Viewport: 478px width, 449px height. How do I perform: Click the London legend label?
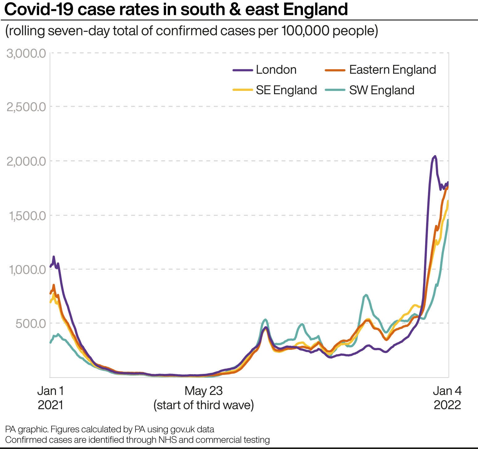click(x=276, y=70)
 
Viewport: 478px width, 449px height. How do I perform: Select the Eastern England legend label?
click(x=393, y=70)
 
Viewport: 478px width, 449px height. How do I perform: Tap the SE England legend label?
click(x=286, y=90)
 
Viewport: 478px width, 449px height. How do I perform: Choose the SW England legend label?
click(x=381, y=90)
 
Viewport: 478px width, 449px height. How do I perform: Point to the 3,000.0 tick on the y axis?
click(x=26, y=53)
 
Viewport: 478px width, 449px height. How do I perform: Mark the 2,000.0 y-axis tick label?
click(x=26, y=161)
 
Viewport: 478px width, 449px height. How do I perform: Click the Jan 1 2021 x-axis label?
click(x=51, y=398)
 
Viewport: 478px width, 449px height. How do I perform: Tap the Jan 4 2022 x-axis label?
click(x=447, y=398)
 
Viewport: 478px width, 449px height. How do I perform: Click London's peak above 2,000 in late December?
click(x=435, y=156)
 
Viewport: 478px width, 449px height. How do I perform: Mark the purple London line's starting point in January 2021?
click(x=51, y=266)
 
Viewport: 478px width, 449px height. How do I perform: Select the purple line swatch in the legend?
click(x=242, y=70)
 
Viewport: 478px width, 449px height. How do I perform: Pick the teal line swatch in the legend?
click(x=335, y=90)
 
